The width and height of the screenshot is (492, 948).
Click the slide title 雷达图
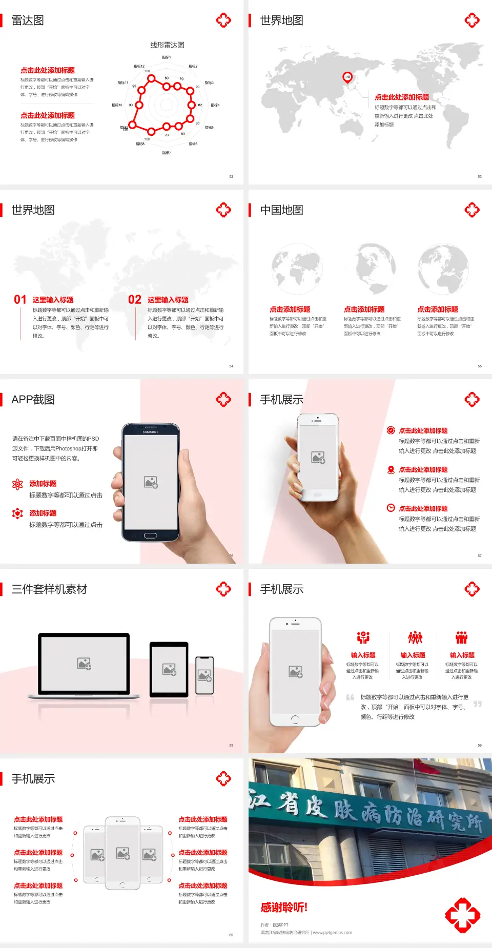pyautogui.click(x=28, y=20)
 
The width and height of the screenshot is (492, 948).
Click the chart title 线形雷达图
pyautogui.click(x=167, y=45)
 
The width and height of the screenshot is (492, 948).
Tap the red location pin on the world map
pyautogui.click(x=347, y=77)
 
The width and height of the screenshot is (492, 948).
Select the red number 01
pyautogui.click(x=20, y=300)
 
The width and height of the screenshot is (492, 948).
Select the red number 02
pyautogui.click(x=135, y=300)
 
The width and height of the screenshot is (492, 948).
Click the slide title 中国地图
pyautogui.click(x=281, y=210)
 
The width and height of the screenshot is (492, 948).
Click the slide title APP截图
pyautogui.click(x=33, y=400)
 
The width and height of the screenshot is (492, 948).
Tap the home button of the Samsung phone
pyautogui.click(x=150, y=535)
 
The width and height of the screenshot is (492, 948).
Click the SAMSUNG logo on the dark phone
pyautogui.click(x=151, y=432)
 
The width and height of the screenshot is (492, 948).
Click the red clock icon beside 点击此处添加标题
pyautogui.click(x=391, y=508)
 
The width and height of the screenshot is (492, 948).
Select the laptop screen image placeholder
pyautogui.click(x=84, y=664)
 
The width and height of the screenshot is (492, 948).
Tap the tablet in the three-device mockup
pyautogui.click(x=169, y=669)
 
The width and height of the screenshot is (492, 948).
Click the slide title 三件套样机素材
pyautogui.click(x=49, y=589)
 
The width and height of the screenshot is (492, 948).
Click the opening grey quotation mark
pyautogui.click(x=351, y=697)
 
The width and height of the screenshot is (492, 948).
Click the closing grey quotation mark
pyautogui.click(x=478, y=704)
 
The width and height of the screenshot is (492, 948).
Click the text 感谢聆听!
pyautogui.click(x=284, y=908)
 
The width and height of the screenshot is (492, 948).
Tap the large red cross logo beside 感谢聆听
pyautogui.click(x=462, y=915)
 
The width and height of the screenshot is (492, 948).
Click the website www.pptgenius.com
pyautogui.click(x=332, y=932)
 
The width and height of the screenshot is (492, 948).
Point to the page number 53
pyautogui.click(x=480, y=176)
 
